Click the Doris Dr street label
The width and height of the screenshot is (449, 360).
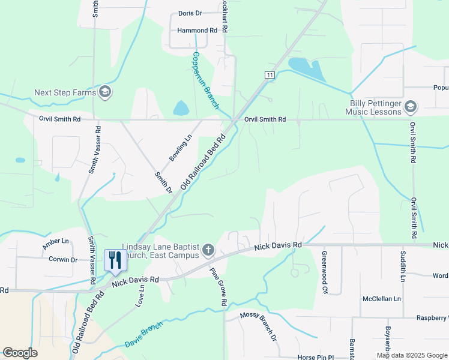190,13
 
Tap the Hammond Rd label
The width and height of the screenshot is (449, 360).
197,31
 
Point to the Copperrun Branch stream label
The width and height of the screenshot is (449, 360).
205,81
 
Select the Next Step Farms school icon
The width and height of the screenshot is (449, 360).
105,92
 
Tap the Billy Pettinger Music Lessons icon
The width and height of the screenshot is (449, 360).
411,107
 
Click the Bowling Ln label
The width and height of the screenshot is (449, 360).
180,148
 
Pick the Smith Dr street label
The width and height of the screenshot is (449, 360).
163,182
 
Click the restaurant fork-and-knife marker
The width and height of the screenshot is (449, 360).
114,260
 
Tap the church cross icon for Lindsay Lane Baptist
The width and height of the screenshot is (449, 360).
208,250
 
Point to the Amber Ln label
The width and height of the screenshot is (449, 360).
56,244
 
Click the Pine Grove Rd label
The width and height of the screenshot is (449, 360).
217,287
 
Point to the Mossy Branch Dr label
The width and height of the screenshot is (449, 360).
258,326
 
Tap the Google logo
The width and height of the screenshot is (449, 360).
20,353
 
